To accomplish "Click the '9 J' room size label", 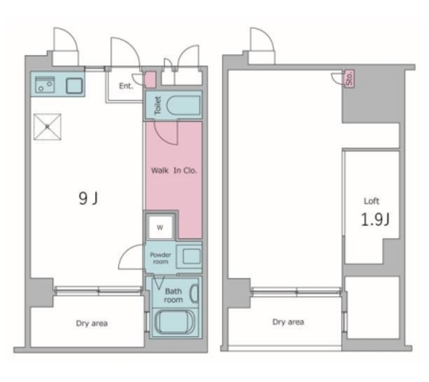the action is (88, 198).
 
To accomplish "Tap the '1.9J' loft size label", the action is (375, 219).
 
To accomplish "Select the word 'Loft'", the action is (371, 201).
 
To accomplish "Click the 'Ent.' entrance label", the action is (126, 86).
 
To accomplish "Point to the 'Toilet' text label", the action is (158, 105).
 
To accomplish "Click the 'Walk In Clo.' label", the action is (174, 170).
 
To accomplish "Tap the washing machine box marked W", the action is (160, 227).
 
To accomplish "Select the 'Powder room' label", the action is (160, 258).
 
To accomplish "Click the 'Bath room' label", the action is (173, 296).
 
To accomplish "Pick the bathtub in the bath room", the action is (174, 323).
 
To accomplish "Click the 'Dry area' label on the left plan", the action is (92, 324).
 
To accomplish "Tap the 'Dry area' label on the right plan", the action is (288, 322).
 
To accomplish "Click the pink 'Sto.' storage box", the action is (349, 78).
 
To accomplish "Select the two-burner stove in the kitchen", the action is (45, 84).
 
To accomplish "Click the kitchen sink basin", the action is (74, 85).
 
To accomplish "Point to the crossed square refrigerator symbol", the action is (48, 127).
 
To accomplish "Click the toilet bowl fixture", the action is (183, 105).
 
